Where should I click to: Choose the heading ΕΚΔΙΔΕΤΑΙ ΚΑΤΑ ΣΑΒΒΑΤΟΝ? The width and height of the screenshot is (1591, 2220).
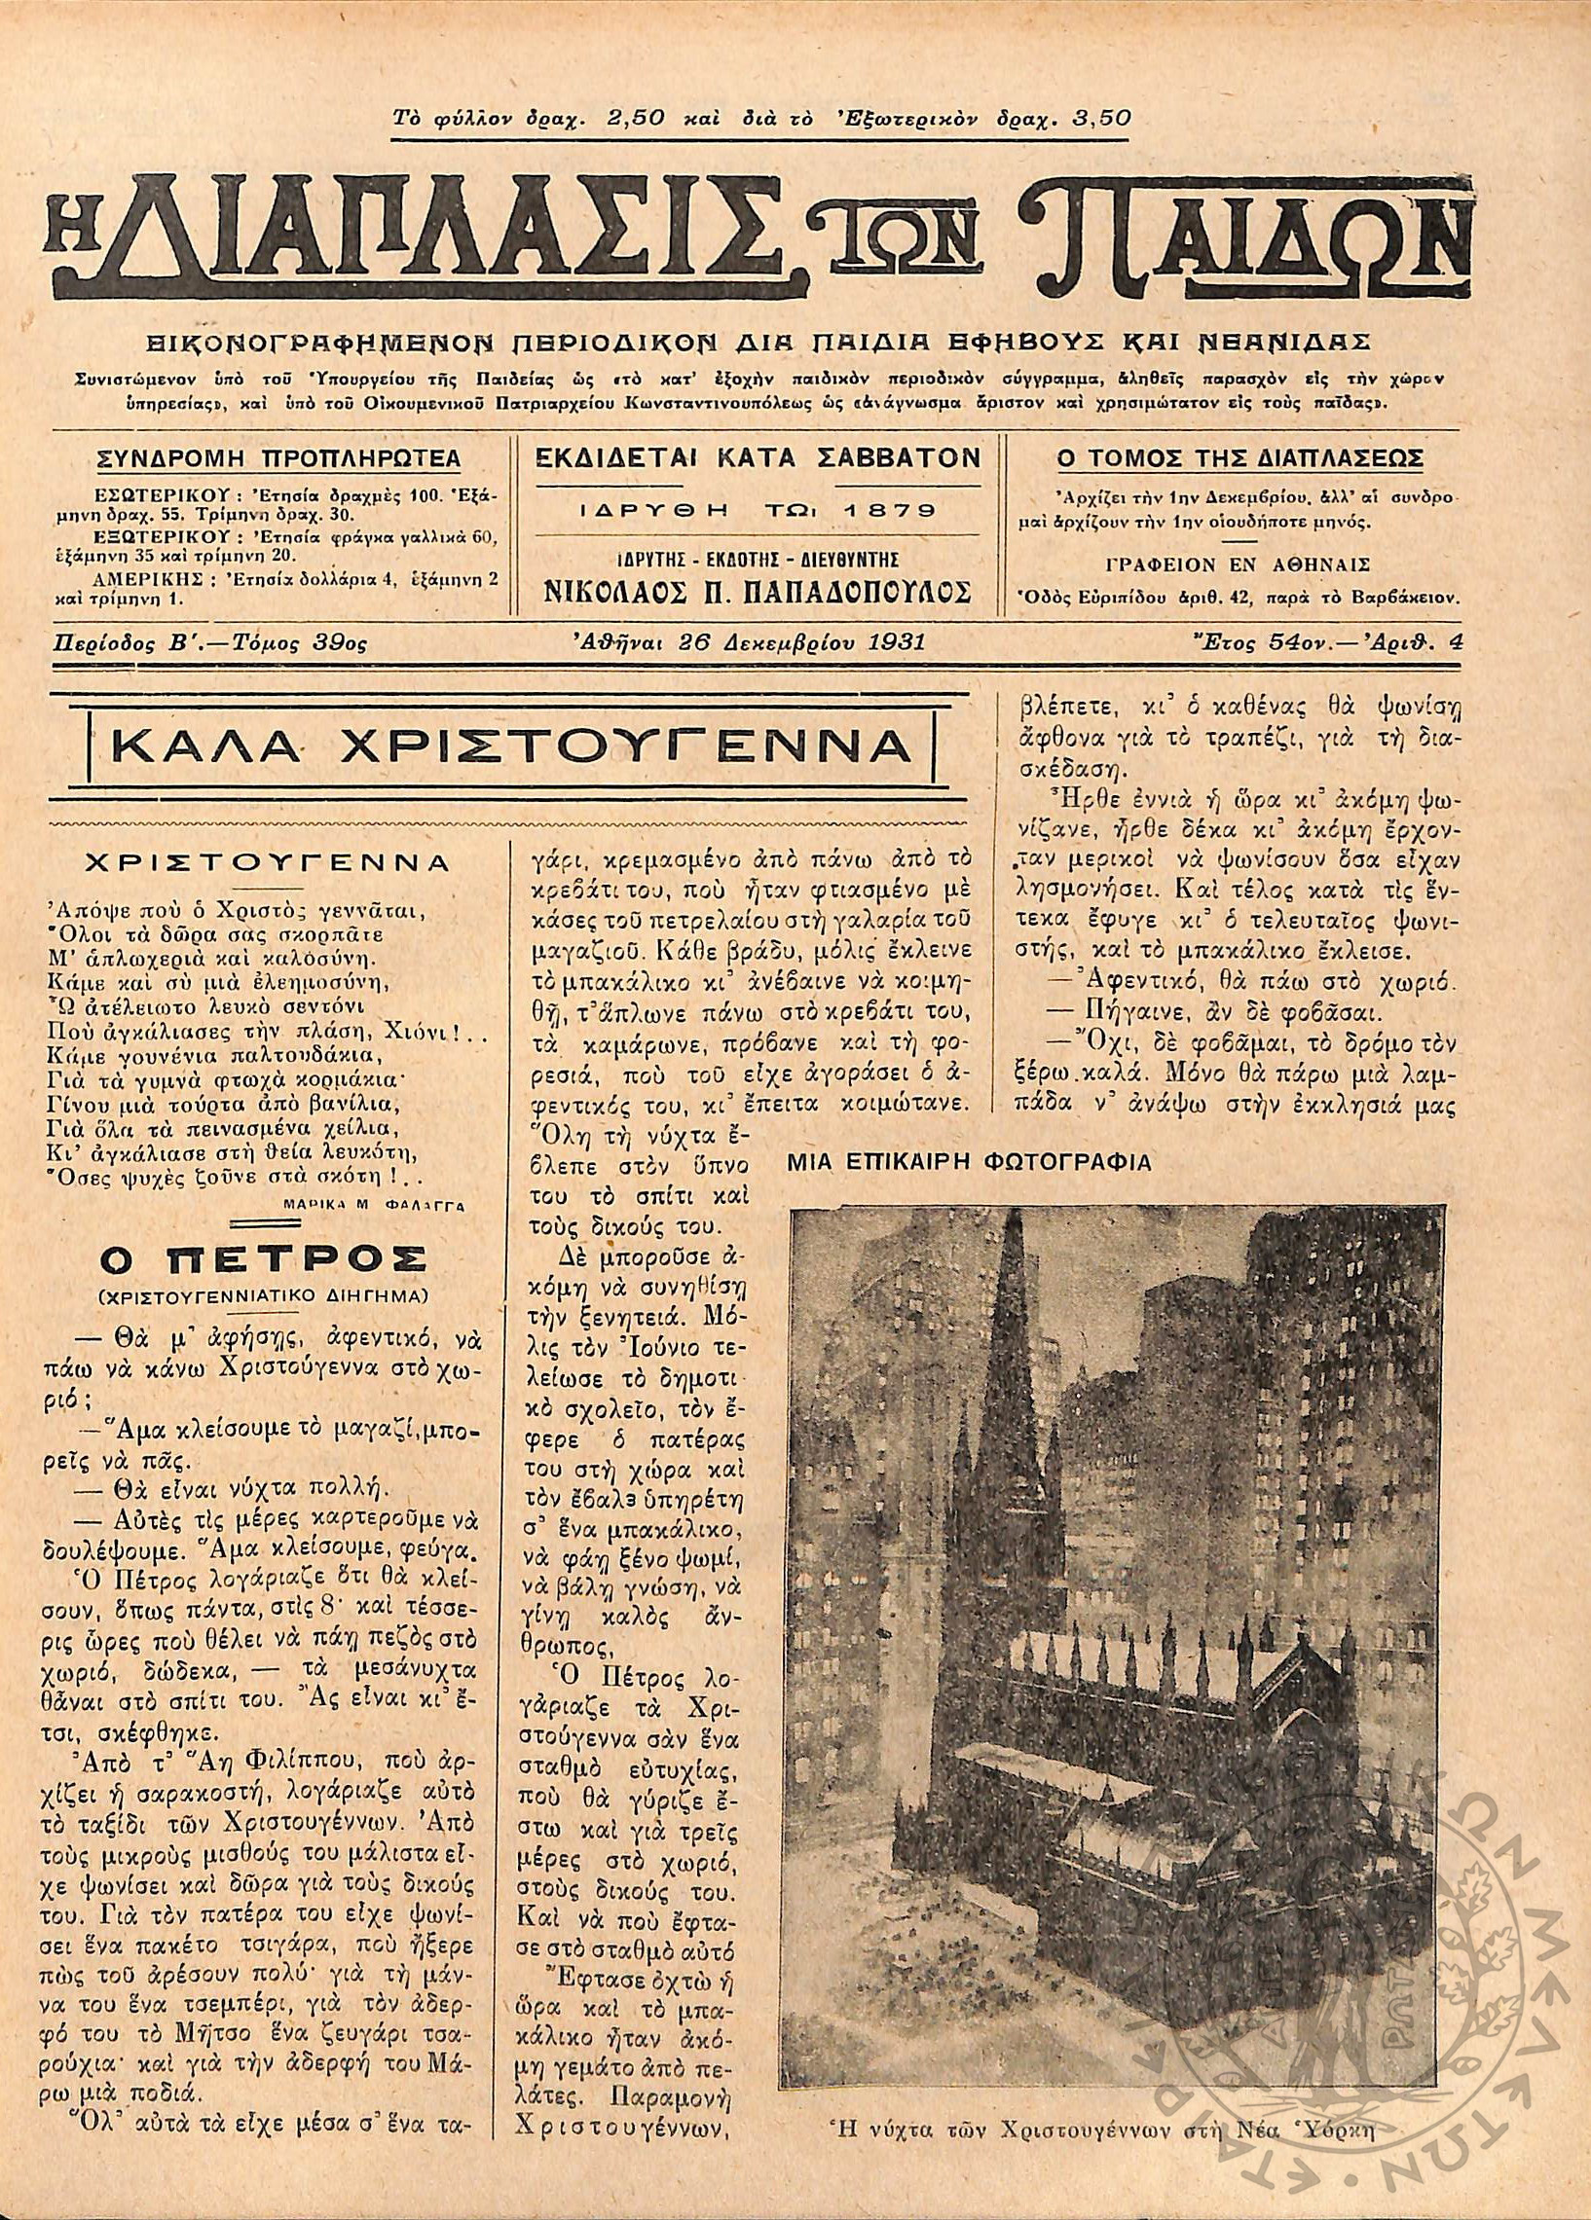coord(758,458)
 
